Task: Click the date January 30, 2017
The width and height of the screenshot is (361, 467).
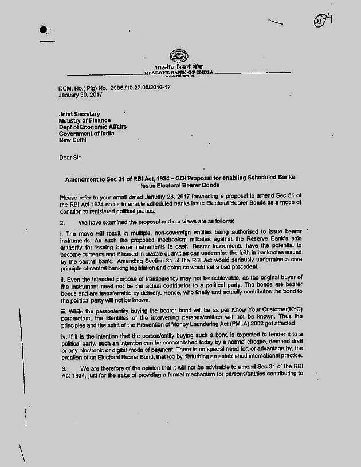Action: point(79,95)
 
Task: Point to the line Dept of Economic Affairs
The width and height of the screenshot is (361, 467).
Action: point(93,127)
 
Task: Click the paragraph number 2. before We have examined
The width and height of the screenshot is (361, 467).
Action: point(62,222)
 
